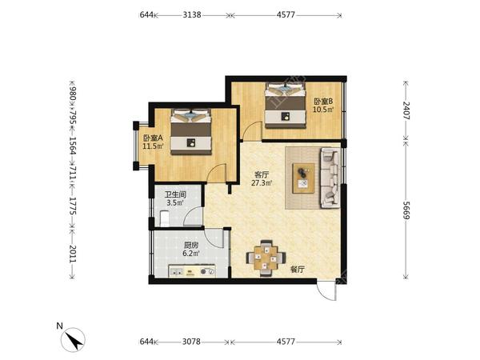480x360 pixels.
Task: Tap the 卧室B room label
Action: pyautogui.click(x=323, y=102)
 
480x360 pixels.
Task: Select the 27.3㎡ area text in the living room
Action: pyautogui.click(x=262, y=183)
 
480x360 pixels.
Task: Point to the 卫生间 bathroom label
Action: pyautogui.click(x=175, y=194)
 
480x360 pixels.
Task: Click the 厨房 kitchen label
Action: pyautogui.click(x=191, y=246)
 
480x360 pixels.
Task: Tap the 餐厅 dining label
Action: pyautogui.click(x=298, y=270)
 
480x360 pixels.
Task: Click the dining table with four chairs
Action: pyautogui.click(x=266, y=258)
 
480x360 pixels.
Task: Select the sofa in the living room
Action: pyautogui.click(x=330, y=178)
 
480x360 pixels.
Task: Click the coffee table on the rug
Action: pyautogui.click(x=303, y=178)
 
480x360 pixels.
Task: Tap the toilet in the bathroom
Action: pyautogui.click(x=165, y=218)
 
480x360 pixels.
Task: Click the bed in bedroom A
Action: pyautogui.click(x=191, y=132)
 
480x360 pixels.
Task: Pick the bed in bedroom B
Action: pyautogui.click(x=286, y=105)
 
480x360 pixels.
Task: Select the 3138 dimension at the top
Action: pyautogui.click(x=192, y=14)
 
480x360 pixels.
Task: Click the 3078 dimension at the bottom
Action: pyautogui.click(x=191, y=342)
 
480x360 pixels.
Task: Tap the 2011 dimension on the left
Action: pyautogui.click(x=72, y=254)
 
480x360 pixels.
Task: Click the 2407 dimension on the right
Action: pyautogui.click(x=406, y=110)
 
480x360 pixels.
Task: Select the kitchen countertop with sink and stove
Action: pyautogui.click(x=192, y=271)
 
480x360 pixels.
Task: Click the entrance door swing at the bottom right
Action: pyautogui.click(x=326, y=291)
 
